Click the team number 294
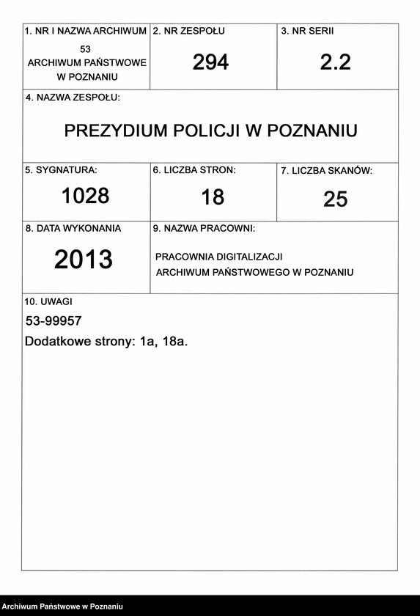click(x=210, y=62)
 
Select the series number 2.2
click(x=335, y=62)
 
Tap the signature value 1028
click(x=85, y=196)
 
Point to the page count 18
click(x=213, y=197)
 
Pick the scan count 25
click(x=335, y=199)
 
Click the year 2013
click(x=84, y=260)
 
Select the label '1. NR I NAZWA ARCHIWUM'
click(x=86, y=32)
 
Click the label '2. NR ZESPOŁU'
click(x=188, y=32)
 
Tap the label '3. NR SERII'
click(x=307, y=32)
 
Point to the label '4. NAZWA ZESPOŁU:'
click(x=73, y=98)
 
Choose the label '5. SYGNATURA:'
click(x=61, y=170)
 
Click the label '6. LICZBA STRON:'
click(x=194, y=170)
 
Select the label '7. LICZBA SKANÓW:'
click(x=326, y=171)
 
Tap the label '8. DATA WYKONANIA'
click(x=73, y=229)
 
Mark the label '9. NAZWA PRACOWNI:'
click(x=204, y=229)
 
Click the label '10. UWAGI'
click(x=48, y=301)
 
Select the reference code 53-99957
click(x=54, y=321)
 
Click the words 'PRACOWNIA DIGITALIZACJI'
click(x=218, y=257)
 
